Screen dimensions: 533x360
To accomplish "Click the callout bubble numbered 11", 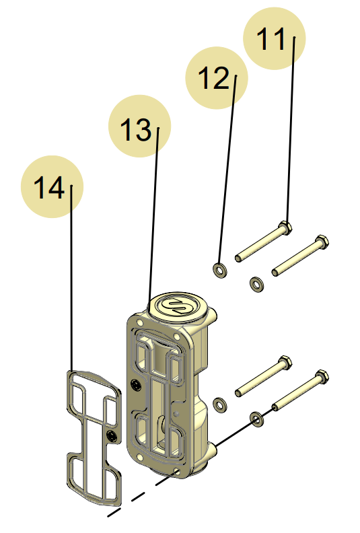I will pyautogui.click(x=273, y=38).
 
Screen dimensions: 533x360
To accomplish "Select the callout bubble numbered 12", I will pyautogui.click(x=217, y=77).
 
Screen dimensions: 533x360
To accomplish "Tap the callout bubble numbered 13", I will pyautogui.click(x=140, y=127).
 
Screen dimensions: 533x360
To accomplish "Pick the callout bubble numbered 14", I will pyautogui.click(x=52, y=187).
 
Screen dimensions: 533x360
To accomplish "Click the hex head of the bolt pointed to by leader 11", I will pyautogui.click(x=286, y=227).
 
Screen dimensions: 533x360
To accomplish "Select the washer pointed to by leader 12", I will pyautogui.click(x=219, y=271).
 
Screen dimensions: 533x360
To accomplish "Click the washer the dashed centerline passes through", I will pyautogui.click(x=256, y=420).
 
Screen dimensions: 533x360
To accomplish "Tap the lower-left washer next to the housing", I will pyautogui.click(x=219, y=404).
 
